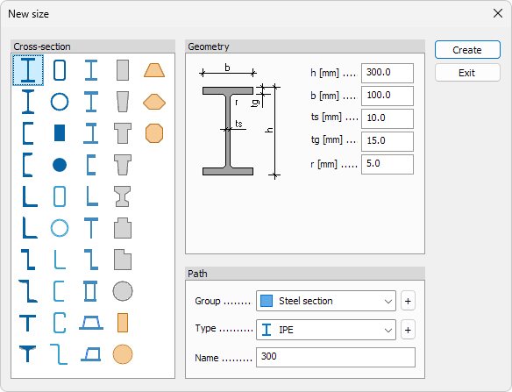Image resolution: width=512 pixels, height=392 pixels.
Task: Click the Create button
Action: [x=467, y=50]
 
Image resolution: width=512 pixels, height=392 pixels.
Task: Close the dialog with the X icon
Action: [x=498, y=13]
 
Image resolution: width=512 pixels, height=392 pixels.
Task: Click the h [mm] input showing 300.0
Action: [x=388, y=73]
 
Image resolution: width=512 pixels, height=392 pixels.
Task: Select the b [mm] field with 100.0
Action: [x=388, y=96]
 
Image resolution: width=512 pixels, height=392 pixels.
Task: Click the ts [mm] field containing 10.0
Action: [x=388, y=118]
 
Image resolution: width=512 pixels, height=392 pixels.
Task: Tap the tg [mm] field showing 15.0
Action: [x=388, y=141]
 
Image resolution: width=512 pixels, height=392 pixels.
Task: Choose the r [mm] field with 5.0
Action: [x=388, y=164]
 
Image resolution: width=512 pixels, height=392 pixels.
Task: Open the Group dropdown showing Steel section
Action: [x=326, y=301]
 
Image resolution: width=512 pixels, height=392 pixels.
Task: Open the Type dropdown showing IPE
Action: [x=326, y=330]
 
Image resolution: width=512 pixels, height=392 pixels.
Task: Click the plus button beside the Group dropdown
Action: [x=408, y=301]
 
